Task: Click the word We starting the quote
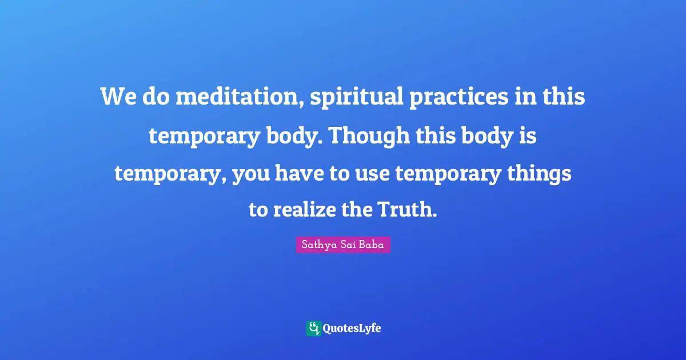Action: tap(119, 98)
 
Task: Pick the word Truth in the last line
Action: tap(407, 210)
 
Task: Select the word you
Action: tap(251, 174)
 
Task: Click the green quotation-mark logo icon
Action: tap(313, 328)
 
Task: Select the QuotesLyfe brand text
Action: tap(352, 329)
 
